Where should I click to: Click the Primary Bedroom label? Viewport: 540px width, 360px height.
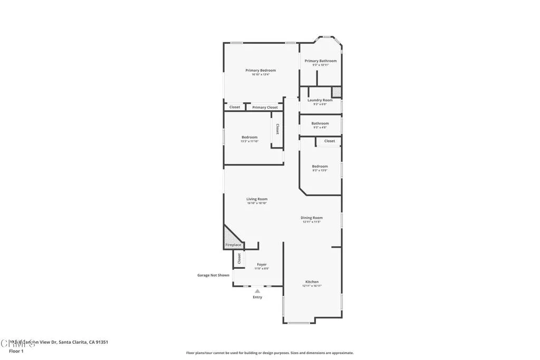(261, 70)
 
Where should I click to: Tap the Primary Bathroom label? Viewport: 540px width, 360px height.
(320, 61)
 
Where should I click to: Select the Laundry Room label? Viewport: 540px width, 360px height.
(320, 100)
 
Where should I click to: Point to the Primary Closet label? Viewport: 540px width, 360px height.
(265, 108)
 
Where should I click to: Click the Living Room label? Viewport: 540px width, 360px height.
(257, 199)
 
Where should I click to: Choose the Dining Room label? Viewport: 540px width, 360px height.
(312, 218)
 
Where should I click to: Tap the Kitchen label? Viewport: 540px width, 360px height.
(312, 282)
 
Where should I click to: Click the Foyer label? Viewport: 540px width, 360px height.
(262, 265)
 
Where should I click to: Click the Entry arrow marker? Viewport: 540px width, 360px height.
(257, 290)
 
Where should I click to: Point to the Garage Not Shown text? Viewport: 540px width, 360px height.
(213, 275)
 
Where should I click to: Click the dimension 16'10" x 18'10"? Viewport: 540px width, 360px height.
(257, 203)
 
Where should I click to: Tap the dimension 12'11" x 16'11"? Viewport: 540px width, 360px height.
(312, 286)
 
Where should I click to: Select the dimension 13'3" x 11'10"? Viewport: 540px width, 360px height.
(249, 141)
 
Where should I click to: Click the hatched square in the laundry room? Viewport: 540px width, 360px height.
(336, 92)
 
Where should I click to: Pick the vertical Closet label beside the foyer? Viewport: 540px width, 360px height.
(239, 258)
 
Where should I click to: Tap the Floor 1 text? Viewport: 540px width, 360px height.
(16, 351)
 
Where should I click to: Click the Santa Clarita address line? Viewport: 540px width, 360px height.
(58, 342)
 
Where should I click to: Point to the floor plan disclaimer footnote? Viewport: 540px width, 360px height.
(269, 353)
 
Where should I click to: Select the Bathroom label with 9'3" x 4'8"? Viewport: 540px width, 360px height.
(320, 124)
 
